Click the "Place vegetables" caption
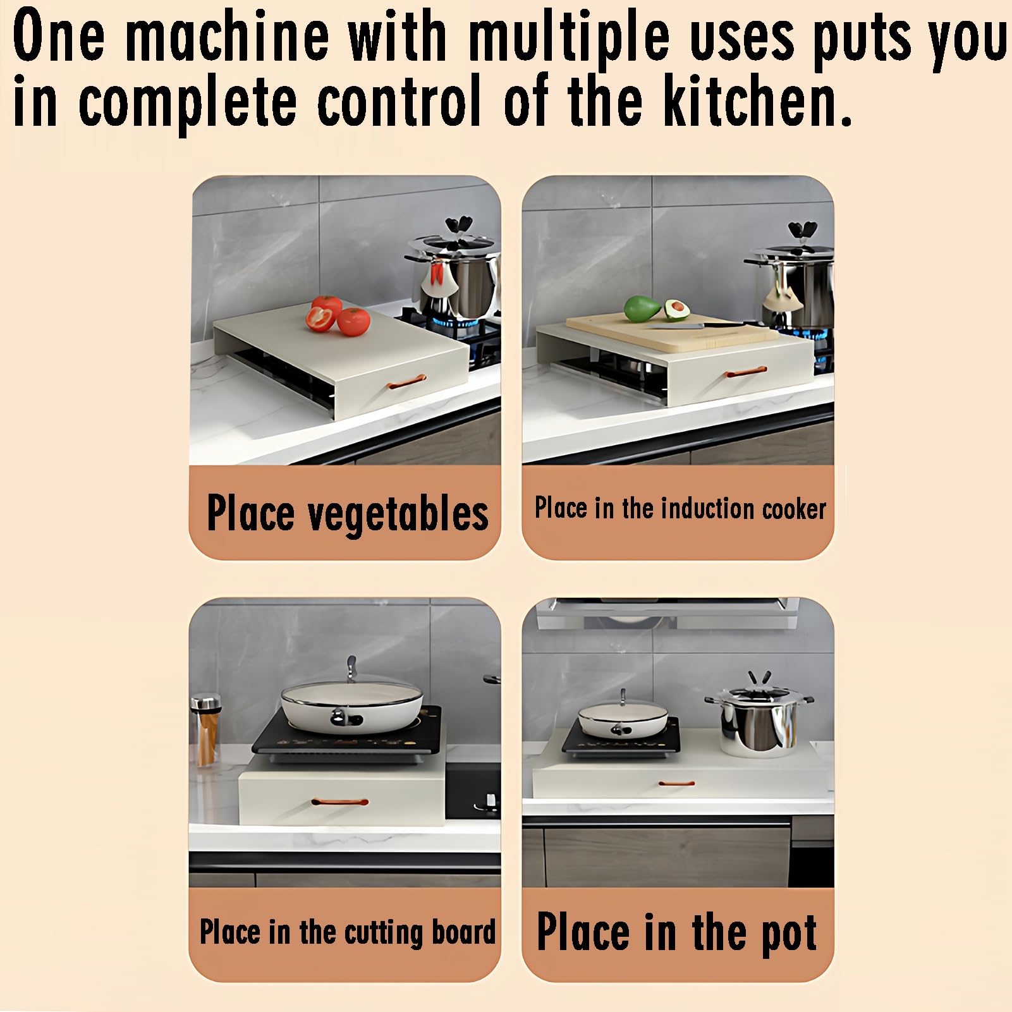[347, 513]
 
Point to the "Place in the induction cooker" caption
[680, 508]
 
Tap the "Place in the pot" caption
[676, 932]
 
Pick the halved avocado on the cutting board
[676, 310]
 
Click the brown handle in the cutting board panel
[340, 802]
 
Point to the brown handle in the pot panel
[676, 784]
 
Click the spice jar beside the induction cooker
[206, 731]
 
